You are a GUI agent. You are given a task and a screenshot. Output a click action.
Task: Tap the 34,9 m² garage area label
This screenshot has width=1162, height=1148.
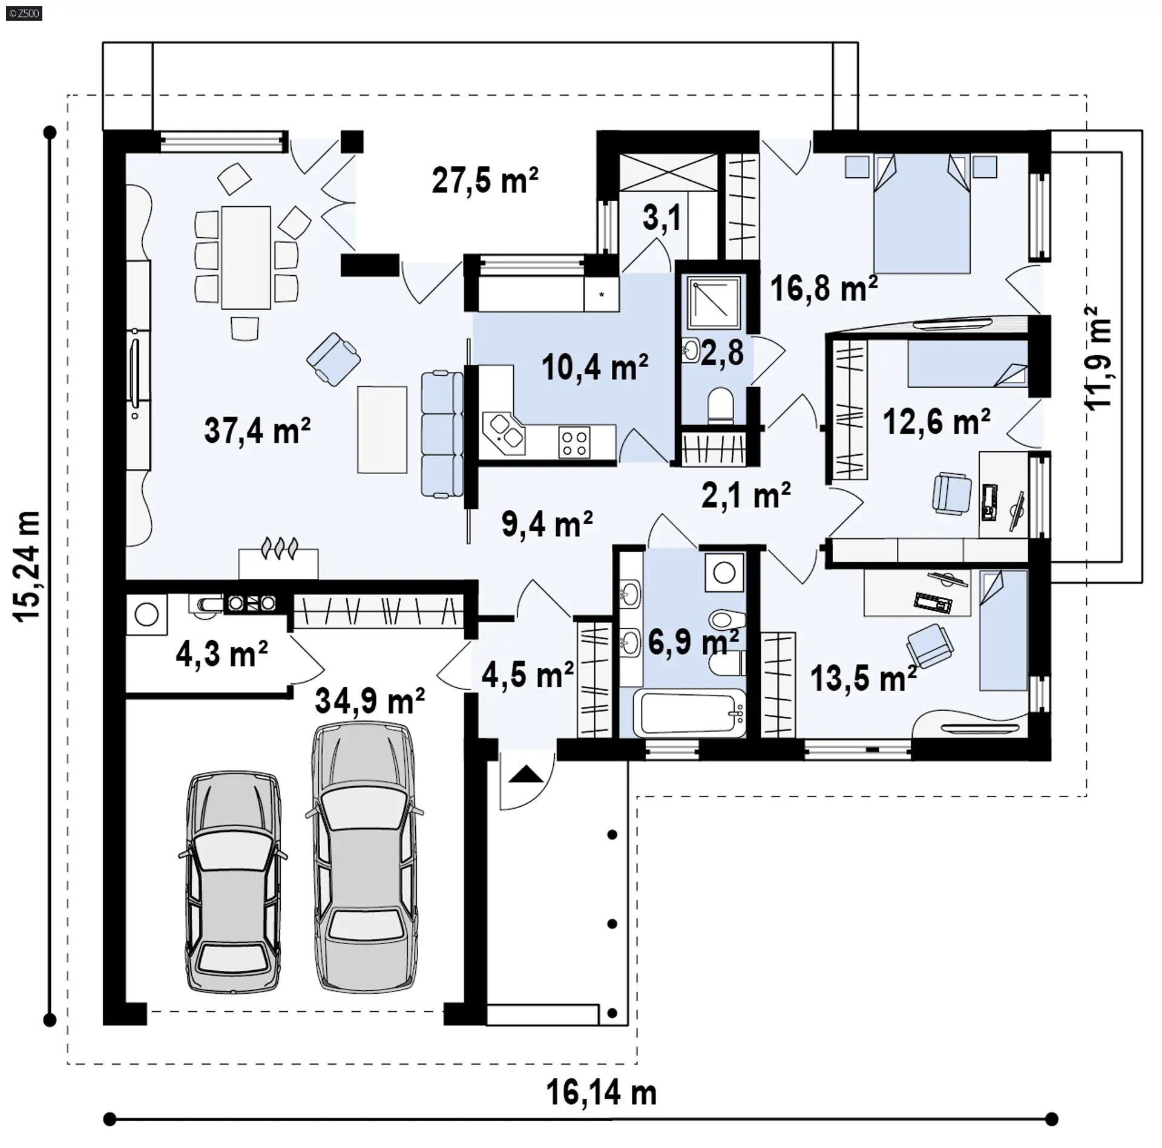(370, 700)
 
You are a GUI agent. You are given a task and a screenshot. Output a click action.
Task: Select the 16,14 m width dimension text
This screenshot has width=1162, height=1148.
(602, 1093)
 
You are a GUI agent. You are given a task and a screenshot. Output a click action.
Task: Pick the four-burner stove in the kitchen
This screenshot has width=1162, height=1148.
(574, 442)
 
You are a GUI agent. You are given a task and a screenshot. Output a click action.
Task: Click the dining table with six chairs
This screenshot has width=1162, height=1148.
(246, 258)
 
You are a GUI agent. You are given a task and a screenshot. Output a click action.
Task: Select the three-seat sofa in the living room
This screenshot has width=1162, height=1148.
(442, 434)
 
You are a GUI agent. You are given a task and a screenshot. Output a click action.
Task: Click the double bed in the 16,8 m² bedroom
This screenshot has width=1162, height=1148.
(921, 213)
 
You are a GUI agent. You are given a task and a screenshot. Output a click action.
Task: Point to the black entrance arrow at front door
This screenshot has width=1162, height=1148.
(526, 774)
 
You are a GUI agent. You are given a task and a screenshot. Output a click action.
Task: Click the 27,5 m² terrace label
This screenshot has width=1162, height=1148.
(485, 180)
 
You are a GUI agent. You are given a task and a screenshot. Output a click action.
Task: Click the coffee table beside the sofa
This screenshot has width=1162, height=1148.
(382, 429)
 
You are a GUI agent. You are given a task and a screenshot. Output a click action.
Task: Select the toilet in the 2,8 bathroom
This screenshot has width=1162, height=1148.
(720, 405)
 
